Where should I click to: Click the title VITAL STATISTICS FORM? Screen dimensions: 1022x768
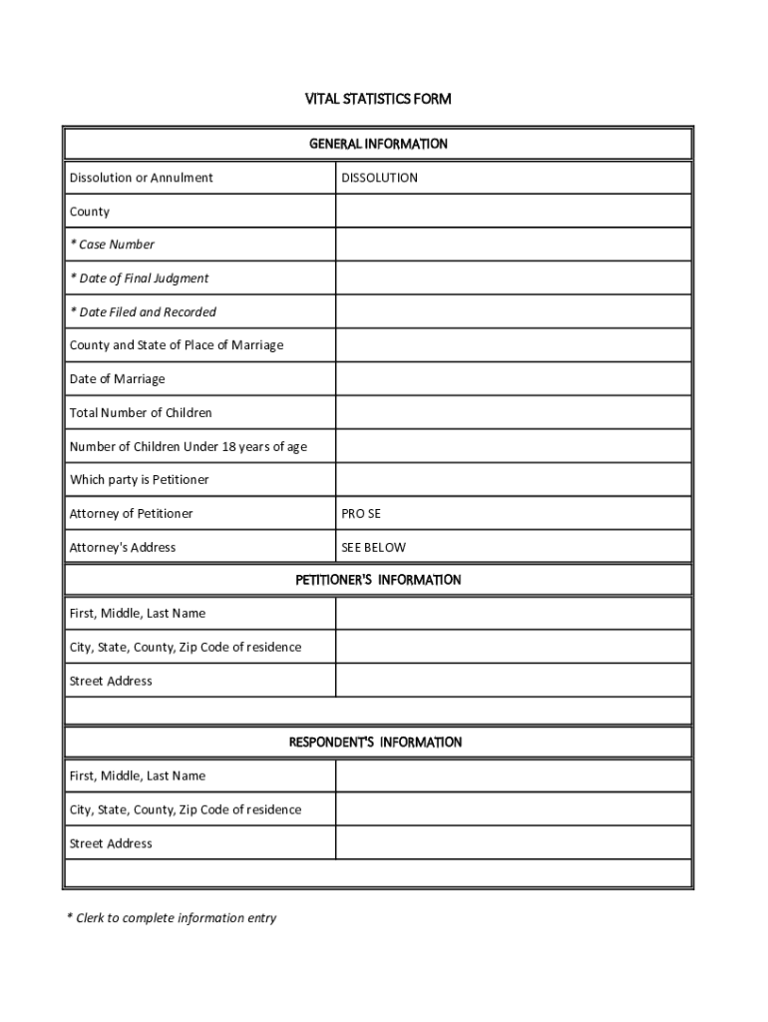(378, 99)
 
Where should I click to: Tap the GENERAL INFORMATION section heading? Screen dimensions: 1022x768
(378, 144)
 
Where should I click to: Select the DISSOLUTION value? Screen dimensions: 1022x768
(379, 178)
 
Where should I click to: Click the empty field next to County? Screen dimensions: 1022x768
(513, 212)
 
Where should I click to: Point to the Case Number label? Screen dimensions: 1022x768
(112, 245)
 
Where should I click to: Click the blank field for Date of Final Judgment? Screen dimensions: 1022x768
(513, 278)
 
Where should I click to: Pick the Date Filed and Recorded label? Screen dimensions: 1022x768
(143, 312)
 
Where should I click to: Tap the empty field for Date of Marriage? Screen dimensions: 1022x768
(513, 379)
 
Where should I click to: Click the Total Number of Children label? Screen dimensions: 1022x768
(141, 413)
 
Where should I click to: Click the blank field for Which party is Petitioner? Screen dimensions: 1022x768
(513, 480)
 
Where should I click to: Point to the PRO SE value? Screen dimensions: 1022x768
(361, 514)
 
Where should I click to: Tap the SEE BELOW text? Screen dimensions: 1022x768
(374, 548)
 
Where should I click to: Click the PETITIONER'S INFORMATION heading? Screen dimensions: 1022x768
(378, 580)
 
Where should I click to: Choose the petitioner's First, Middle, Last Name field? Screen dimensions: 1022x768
(513, 614)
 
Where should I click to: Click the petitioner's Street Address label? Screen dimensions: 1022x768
(111, 682)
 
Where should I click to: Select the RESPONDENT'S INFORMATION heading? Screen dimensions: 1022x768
(375, 743)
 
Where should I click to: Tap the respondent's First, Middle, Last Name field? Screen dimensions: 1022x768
(513, 776)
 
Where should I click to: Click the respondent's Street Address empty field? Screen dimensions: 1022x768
(513, 843)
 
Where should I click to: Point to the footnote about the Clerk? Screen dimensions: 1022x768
(172, 918)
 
